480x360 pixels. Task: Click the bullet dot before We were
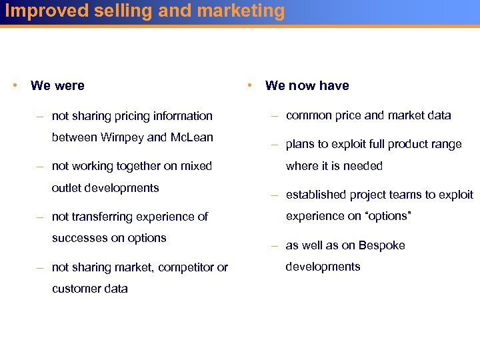click(15, 85)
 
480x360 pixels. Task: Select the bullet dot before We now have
click(249, 85)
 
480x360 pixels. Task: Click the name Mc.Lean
click(191, 137)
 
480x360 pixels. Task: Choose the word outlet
click(67, 188)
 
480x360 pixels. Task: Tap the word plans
click(300, 145)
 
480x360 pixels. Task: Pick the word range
click(447, 145)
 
